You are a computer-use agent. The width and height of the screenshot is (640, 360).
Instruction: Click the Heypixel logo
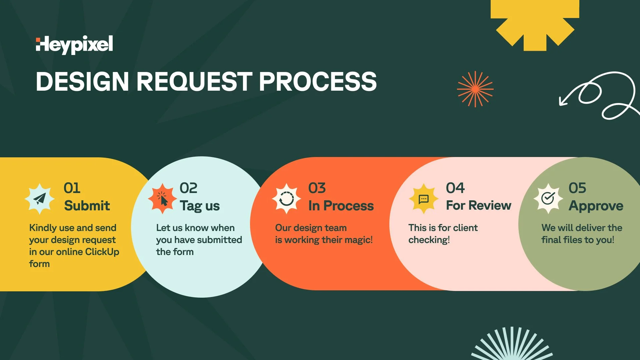coord(74,45)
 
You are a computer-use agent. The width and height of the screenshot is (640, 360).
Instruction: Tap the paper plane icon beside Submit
coord(40,199)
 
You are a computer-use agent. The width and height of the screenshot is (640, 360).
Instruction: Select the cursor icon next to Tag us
coord(162,199)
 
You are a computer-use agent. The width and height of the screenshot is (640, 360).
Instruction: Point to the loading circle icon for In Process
coord(286,199)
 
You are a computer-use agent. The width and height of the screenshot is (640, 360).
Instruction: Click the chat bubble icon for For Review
coord(423,199)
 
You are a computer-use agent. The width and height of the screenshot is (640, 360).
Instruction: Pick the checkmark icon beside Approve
coord(548,199)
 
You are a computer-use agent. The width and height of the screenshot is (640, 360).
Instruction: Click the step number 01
coord(72,188)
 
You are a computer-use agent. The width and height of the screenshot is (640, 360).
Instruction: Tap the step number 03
coord(317,188)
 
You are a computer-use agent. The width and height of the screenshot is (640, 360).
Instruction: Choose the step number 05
coord(577,188)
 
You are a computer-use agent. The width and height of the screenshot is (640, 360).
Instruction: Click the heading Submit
coord(87,206)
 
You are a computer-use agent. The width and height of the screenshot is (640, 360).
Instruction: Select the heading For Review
coord(478,206)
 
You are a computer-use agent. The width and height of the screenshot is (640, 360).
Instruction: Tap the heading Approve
coord(596,206)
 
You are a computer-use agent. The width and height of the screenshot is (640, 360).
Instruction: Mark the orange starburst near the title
coord(475,89)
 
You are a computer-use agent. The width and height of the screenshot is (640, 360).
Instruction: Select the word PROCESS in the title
coord(318,82)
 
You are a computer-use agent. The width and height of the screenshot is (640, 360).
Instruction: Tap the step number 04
coord(455,188)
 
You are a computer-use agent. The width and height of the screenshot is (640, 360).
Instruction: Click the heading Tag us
coord(200,206)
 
